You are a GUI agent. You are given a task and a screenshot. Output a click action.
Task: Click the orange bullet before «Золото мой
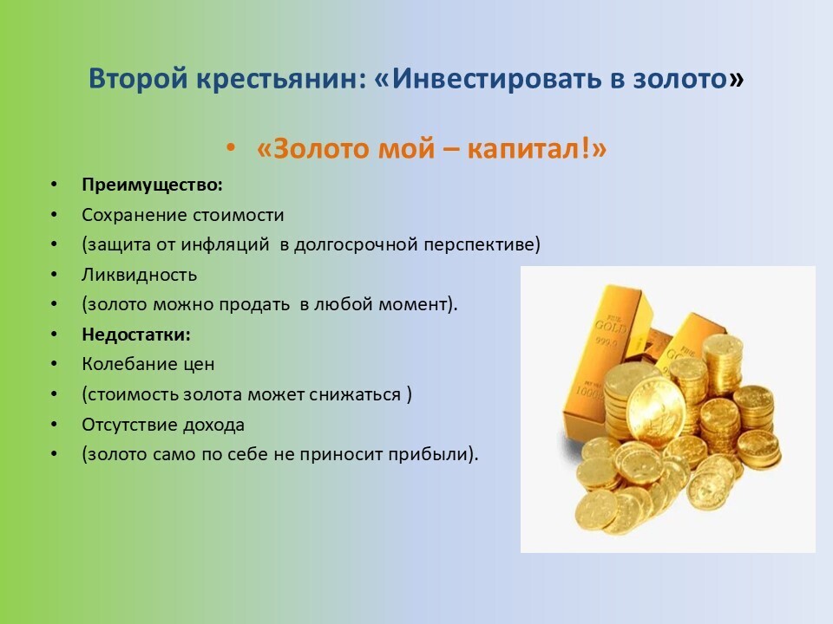[x=230, y=147]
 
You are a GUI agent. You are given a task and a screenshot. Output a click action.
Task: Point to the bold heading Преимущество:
[x=152, y=185]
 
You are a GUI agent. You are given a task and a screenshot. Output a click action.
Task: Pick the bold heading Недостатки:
[x=136, y=335]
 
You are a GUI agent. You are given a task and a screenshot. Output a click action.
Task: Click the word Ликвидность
[x=139, y=275]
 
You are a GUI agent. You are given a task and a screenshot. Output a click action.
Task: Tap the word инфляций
[x=226, y=244]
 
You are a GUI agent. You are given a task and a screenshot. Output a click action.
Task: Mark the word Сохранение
[x=134, y=215]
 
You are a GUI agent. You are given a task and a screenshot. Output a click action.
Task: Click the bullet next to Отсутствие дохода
[x=54, y=425]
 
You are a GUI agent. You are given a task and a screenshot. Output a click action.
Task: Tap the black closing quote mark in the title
[x=736, y=80]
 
